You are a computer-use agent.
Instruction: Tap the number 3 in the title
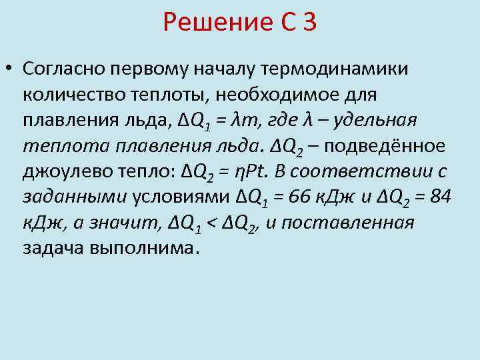(308, 25)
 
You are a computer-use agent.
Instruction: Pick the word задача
(49, 247)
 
